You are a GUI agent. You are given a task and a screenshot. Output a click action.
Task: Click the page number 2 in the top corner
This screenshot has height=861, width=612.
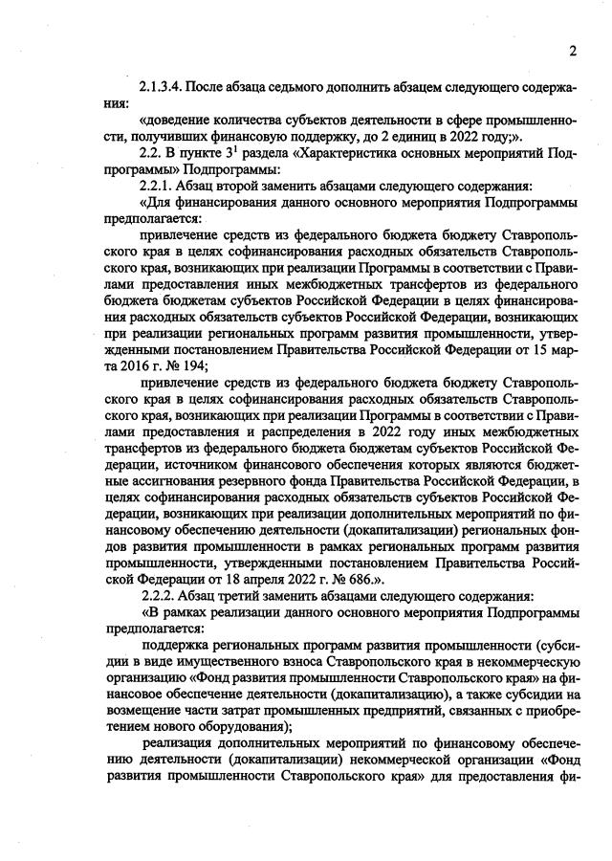pyautogui.click(x=573, y=51)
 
